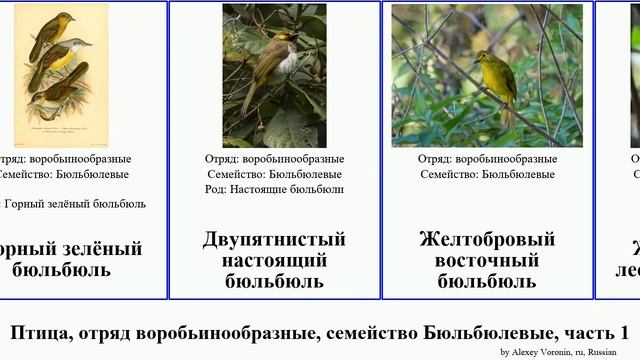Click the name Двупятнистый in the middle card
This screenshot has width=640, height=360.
[274, 240]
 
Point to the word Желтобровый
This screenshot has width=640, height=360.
[487, 240]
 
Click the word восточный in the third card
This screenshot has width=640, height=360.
[487, 260]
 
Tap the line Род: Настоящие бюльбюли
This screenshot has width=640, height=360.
[274, 189]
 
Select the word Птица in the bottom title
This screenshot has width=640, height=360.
[40, 332]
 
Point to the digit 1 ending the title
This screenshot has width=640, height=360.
[624, 332]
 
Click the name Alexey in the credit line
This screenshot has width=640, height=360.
[526, 352]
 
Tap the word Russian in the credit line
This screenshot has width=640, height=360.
[602, 352]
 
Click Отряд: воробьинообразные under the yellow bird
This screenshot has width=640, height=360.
[487, 159]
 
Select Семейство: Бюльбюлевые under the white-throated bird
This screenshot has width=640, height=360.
[274, 174]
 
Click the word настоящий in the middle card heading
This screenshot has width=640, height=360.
[274, 260]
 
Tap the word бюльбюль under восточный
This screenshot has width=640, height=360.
[487, 281]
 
